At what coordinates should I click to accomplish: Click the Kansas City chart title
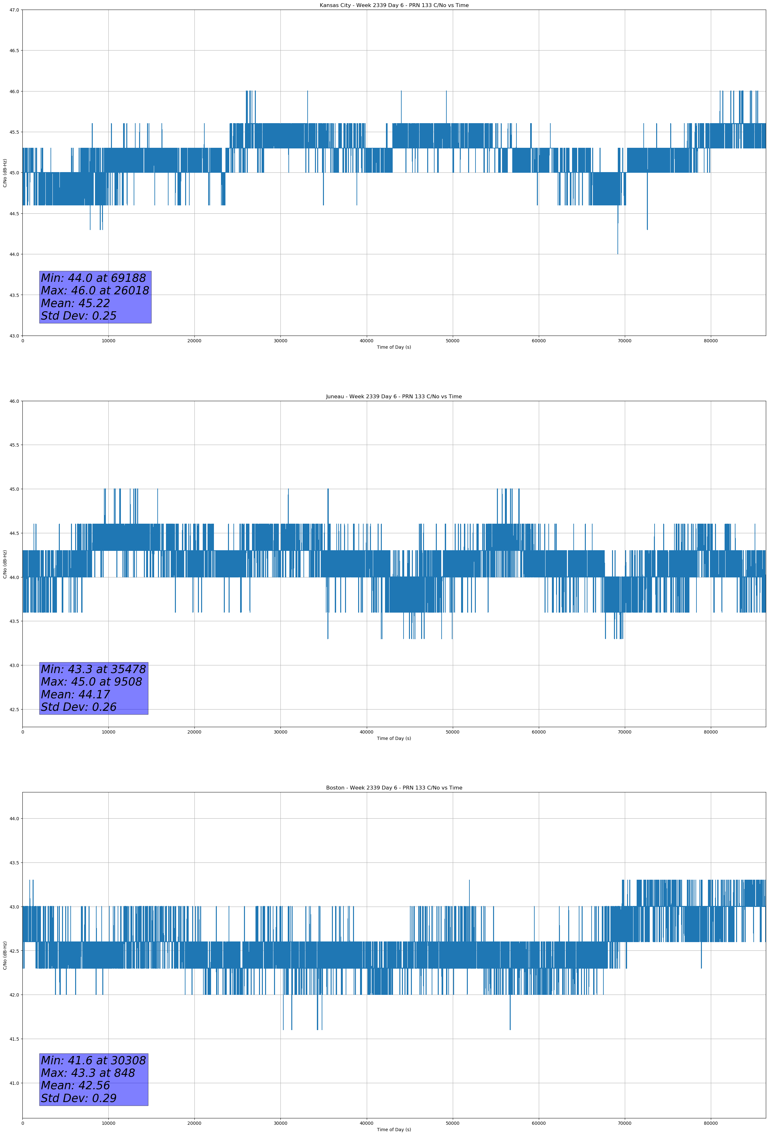pos(394,5)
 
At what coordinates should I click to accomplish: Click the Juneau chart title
pos(394,397)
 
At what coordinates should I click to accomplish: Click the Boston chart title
pos(394,788)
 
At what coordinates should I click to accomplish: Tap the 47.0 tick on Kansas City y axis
pos(14,10)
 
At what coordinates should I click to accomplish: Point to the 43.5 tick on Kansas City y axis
pos(14,295)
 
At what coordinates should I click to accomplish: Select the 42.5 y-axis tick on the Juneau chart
pos(14,710)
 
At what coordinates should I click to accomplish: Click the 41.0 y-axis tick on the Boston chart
pos(14,1083)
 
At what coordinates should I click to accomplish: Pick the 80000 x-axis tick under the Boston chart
pos(711,1123)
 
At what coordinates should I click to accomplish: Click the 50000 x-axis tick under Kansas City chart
pos(452,341)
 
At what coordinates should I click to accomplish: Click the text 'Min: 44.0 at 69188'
pos(93,278)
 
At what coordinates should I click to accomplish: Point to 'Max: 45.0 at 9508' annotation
pos(91,682)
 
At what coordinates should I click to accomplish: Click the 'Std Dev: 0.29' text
pos(79,1098)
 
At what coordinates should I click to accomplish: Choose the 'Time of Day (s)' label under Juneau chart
pos(394,738)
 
